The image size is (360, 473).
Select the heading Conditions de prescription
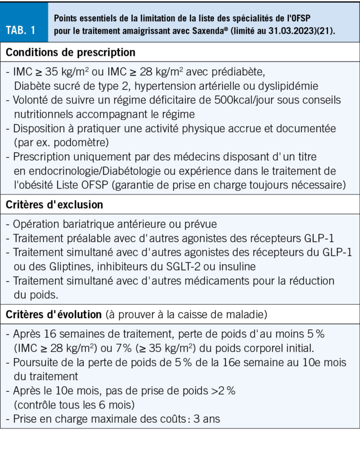[71, 52]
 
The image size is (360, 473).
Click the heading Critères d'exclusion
[55, 204]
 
